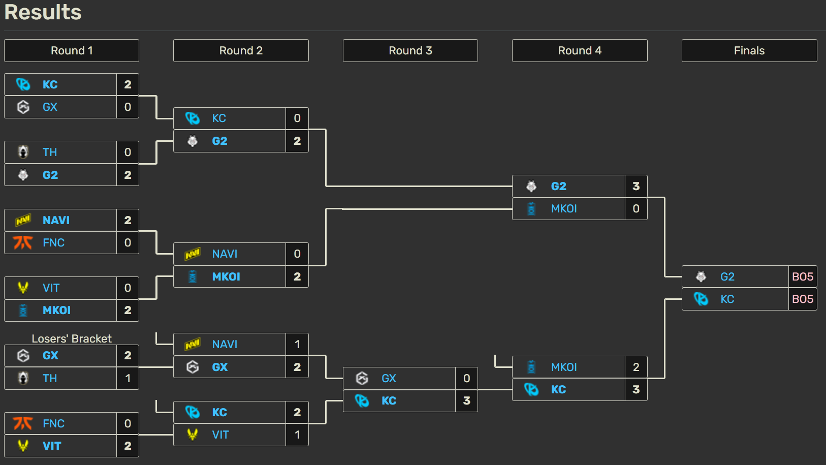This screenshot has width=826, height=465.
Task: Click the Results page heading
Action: (43, 12)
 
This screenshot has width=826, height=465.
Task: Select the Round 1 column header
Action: (72, 51)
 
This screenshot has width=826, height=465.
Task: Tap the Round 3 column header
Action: (410, 51)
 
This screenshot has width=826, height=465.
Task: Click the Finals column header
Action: (749, 51)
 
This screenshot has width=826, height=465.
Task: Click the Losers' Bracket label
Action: (72, 338)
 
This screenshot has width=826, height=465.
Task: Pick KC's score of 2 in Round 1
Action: (128, 84)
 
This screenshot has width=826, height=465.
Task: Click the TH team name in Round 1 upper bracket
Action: (50, 152)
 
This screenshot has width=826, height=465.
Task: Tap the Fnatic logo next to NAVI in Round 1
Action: (23, 243)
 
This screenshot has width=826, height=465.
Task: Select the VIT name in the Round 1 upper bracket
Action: (51, 288)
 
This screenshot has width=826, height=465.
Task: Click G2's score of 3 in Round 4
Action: (636, 186)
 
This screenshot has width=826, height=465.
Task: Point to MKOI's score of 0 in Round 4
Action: (636, 209)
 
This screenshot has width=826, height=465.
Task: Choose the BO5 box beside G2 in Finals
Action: (802, 277)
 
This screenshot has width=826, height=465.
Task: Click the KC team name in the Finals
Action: (727, 299)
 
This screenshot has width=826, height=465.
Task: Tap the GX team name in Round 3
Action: (389, 379)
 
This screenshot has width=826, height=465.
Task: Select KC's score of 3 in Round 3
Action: (466, 401)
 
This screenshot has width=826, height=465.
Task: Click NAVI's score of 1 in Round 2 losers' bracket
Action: (297, 345)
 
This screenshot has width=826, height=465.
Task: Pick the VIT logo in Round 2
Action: (193, 435)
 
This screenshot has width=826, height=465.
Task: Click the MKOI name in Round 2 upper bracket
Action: (226, 277)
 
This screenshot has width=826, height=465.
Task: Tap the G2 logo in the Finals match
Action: (701, 277)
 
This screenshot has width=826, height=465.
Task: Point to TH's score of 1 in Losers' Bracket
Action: (128, 379)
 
